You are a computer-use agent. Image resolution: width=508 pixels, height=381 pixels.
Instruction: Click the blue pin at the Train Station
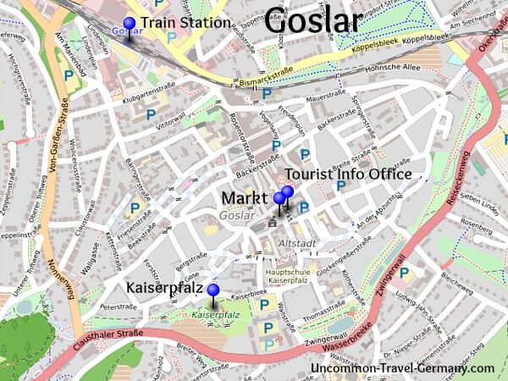tap(129, 24)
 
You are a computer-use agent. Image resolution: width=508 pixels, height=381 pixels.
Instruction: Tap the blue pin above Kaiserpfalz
tap(213, 291)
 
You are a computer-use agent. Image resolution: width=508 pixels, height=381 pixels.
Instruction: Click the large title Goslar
tap(313, 20)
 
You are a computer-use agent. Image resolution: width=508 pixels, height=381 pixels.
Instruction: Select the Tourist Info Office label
tap(348, 174)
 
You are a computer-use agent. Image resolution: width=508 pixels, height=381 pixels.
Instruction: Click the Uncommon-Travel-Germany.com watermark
tap(402, 368)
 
